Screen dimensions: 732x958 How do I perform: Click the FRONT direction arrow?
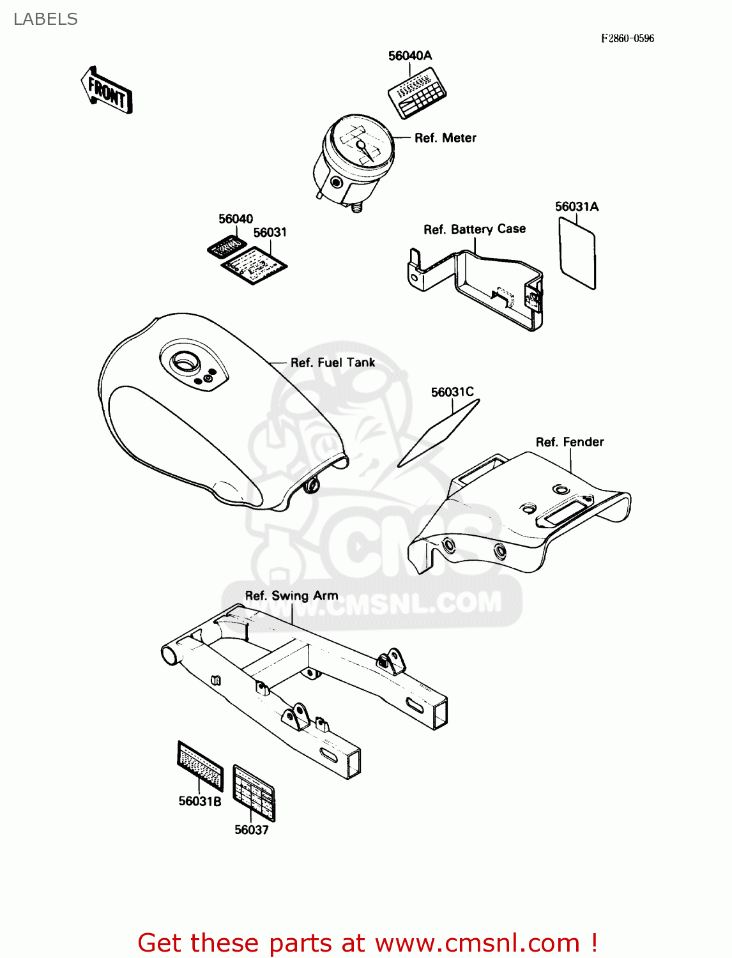[x=106, y=90]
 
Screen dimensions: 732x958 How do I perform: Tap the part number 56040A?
[x=410, y=56]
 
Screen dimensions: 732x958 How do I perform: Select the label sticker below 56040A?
[x=417, y=93]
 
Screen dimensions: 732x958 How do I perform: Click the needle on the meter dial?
[x=365, y=149]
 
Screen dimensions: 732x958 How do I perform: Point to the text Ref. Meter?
[x=445, y=138]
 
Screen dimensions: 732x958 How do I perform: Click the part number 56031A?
[x=576, y=206]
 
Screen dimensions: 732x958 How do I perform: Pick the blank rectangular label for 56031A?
[x=577, y=253]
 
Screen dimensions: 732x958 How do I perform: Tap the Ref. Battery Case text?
[x=475, y=229]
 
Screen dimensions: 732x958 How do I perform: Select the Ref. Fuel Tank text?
[x=333, y=362]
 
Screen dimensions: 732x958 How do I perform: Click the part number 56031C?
[x=452, y=392]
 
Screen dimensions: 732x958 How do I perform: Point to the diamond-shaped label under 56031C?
[x=438, y=433]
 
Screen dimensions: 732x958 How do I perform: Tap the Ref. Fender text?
[x=570, y=442]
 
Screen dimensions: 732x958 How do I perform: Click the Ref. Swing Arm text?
[x=291, y=596]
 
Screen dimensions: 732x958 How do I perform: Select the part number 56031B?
[x=200, y=802]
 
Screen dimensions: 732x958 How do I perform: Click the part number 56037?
[x=252, y=830]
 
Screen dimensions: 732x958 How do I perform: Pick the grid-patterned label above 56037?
[x=254, y=793]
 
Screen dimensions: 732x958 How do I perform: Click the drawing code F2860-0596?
[x=627, y=38]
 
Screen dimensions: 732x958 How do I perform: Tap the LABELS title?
[x=45, y=19]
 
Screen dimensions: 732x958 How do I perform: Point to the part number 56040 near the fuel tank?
[x=236, y=218]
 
